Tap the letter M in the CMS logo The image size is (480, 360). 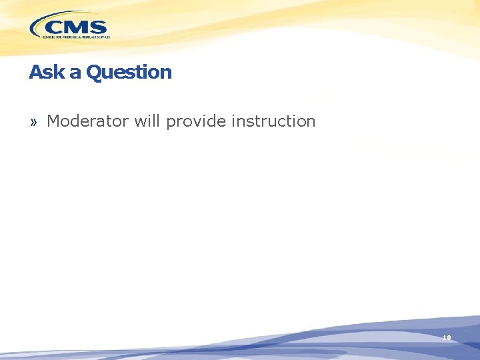click(x=76, y=27)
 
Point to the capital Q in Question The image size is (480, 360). click(x=93, y=72)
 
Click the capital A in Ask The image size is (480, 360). click(x=35, y=72)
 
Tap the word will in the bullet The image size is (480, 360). click(x=147, y=121)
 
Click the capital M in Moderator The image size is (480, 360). click(x=53, y=121)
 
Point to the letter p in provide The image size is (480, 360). click(x=171, y=123)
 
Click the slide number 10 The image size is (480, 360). click(x=447, y=338)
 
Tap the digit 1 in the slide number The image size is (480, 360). click(x=444, y=338)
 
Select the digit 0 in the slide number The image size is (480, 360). click(x=449, y=338)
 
